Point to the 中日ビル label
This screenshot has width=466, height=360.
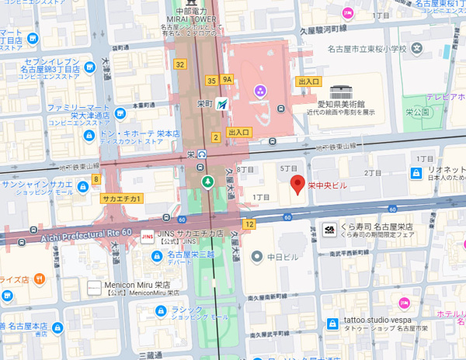(283, 255)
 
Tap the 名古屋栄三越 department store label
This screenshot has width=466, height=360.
(190, 254)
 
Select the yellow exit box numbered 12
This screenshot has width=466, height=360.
(249, 223)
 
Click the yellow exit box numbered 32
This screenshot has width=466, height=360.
(180, 64)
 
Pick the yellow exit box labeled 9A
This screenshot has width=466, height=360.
(227, 79)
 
